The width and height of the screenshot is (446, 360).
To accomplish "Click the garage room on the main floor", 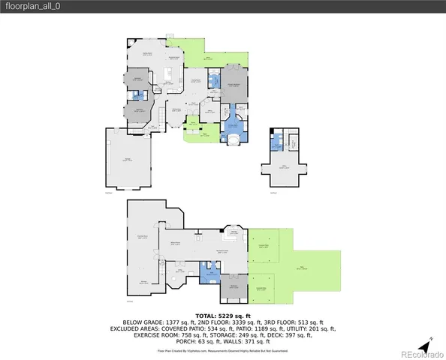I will pos(128,160).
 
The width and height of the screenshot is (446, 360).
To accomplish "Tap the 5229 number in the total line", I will pos(228,316).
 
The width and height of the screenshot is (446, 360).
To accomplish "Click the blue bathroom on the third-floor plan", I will pos(278,139).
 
